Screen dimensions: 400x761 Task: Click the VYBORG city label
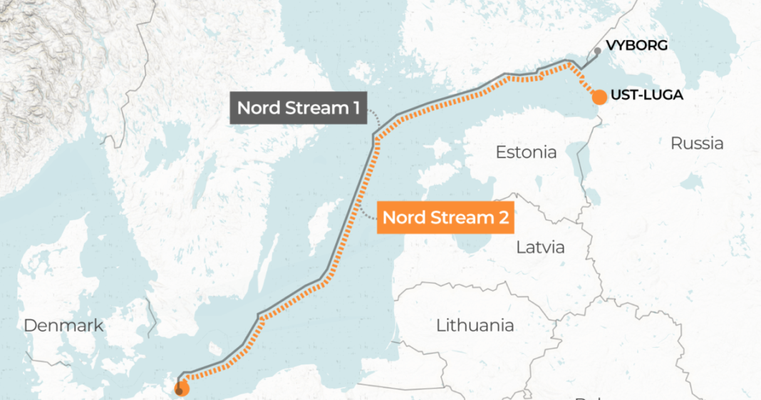tap(636, 46)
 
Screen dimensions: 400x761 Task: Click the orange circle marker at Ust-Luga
tap(599, 97)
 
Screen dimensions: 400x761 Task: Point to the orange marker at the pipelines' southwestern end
tap(181, 389)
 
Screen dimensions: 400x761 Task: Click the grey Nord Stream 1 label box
tap(298, 108)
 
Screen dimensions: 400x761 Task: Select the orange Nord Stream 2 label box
tap(446, 217)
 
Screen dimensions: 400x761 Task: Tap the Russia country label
tap(696, 143)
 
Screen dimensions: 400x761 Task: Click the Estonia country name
tap(526, 152)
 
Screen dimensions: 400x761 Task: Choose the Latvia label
tap(540, 247)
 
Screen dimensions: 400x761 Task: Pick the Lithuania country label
tap(475, 326)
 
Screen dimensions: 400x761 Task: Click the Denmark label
tap(63, 326)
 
